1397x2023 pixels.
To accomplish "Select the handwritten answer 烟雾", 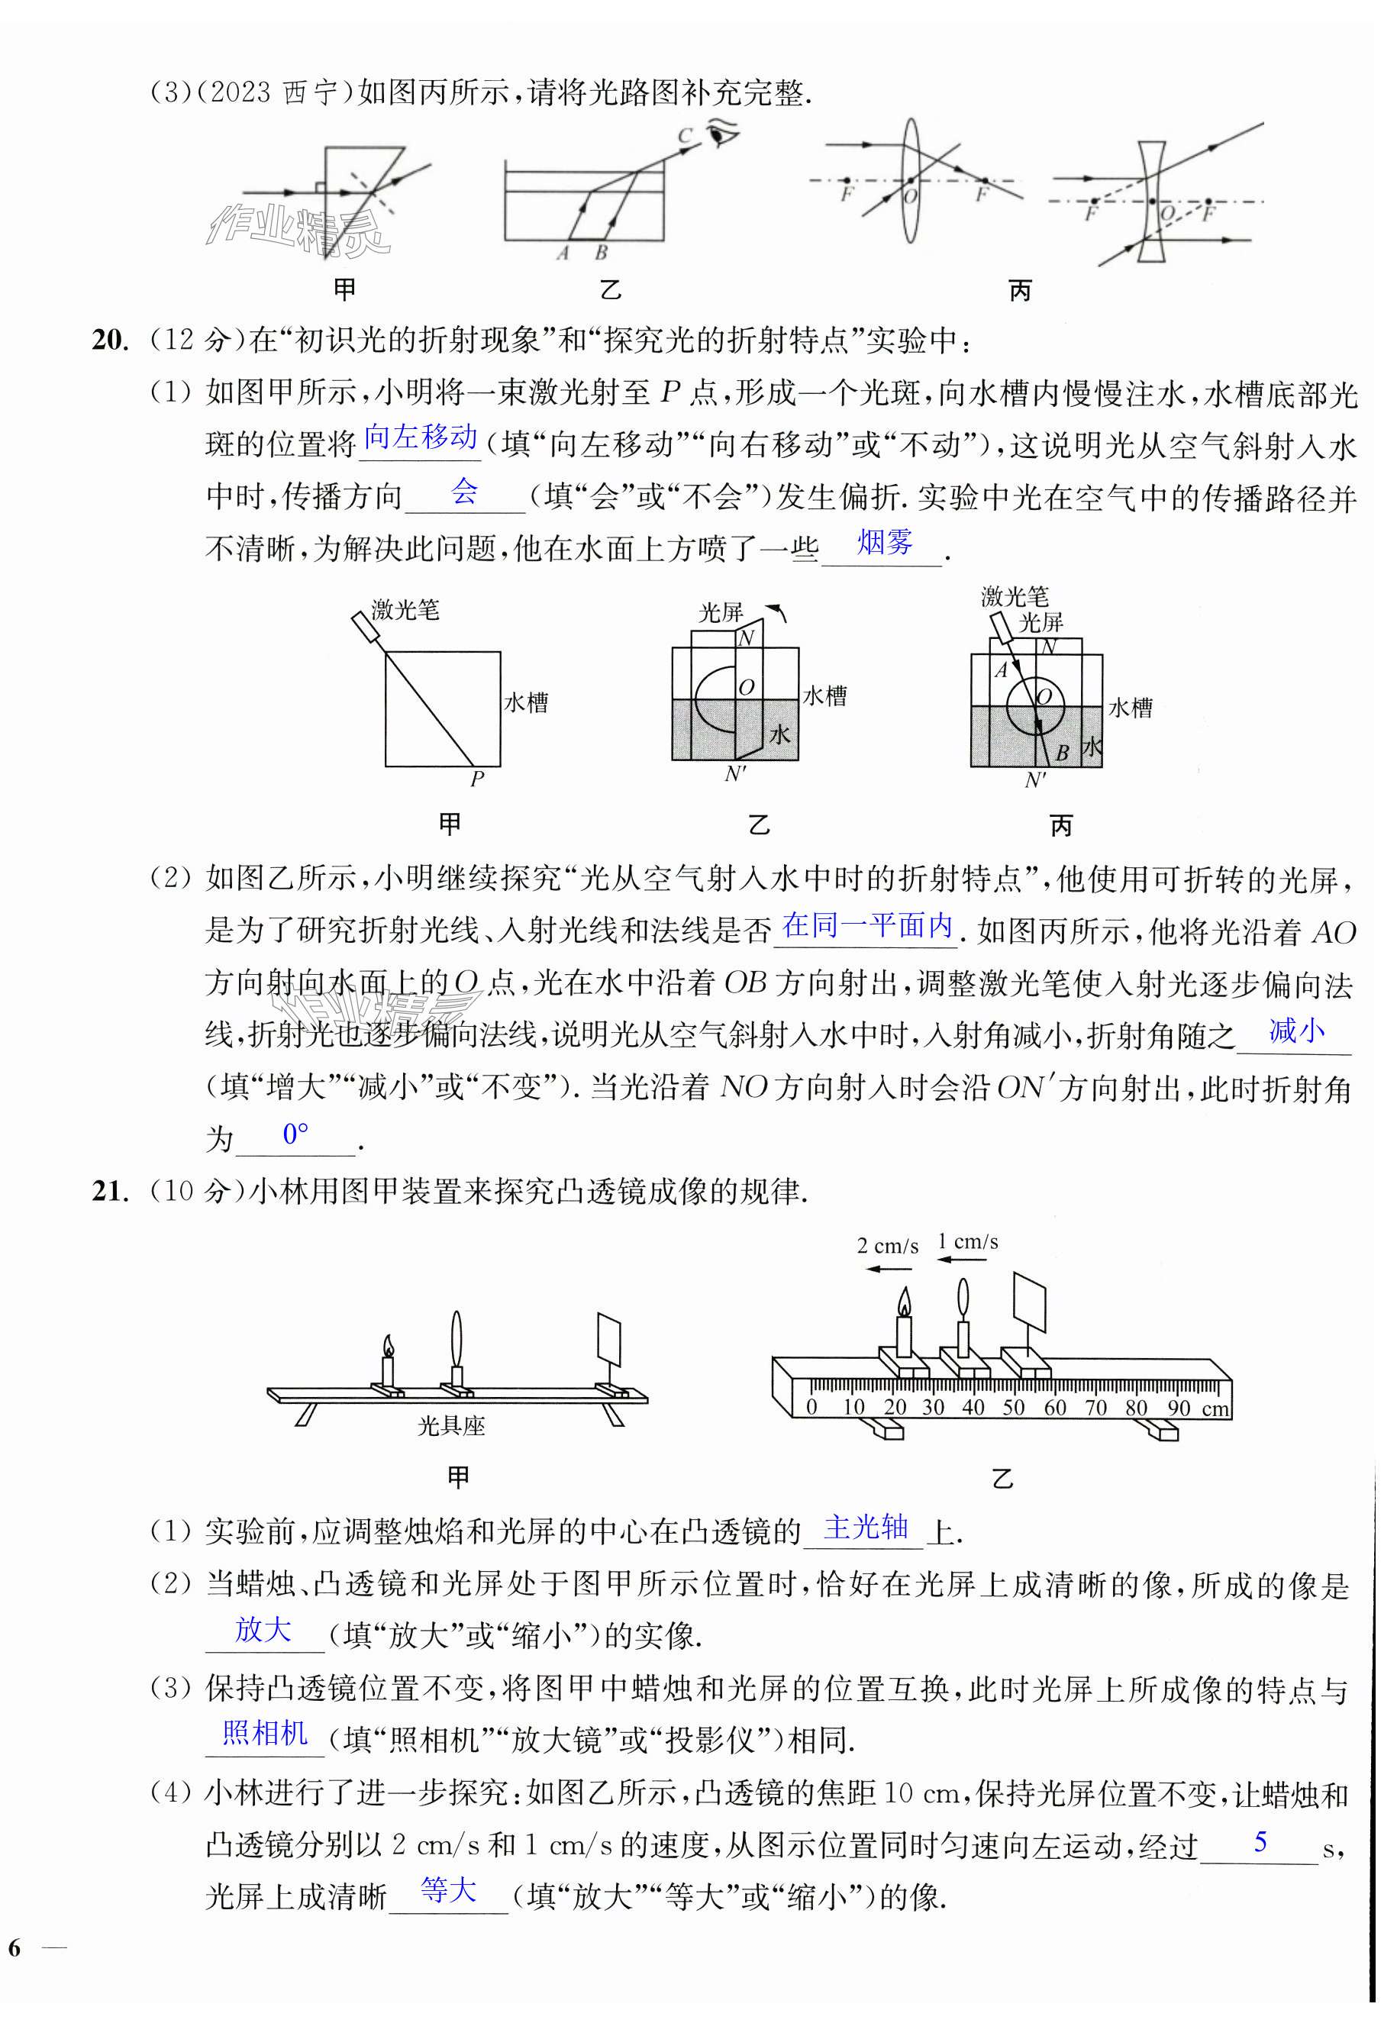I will tap(884, 543).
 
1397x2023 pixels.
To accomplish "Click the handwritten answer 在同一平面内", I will tap(866, 925).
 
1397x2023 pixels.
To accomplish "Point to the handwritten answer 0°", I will tap(296, 1134).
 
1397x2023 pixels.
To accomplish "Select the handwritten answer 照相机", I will tap(264, 1732).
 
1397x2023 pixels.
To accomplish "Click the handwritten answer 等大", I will tap(448, 1890).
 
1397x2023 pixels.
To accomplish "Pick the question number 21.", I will tap(110, 1192).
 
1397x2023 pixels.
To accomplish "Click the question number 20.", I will tap(110, 340).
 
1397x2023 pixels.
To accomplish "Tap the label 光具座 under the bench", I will tap(451, 1426).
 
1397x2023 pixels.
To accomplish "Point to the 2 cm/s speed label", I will tap(887, 1246).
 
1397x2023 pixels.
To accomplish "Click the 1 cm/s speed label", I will tap(967, 1241).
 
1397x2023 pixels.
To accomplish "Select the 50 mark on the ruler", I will tap(1013, 1408).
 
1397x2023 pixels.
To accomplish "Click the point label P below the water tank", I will tap(477, 778).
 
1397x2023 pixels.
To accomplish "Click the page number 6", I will tap(15, 1947).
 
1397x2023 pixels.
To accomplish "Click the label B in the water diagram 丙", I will tap(1062, 752).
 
